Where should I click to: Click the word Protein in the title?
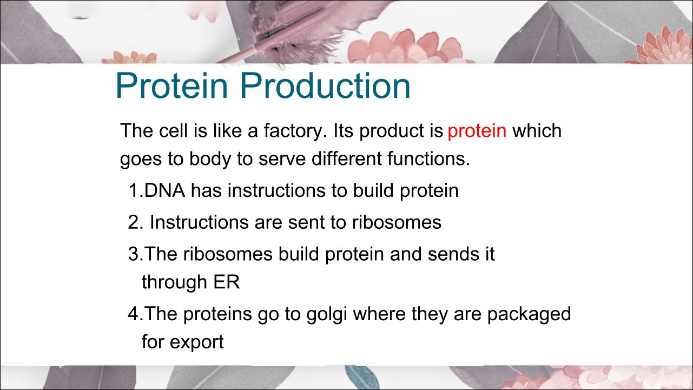172,85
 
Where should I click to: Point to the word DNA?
165,190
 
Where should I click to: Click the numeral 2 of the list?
134,222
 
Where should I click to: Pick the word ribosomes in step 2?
397,222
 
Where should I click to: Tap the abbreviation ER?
227,282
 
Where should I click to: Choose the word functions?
428,158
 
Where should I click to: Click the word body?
210,160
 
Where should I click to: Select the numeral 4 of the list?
134,314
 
